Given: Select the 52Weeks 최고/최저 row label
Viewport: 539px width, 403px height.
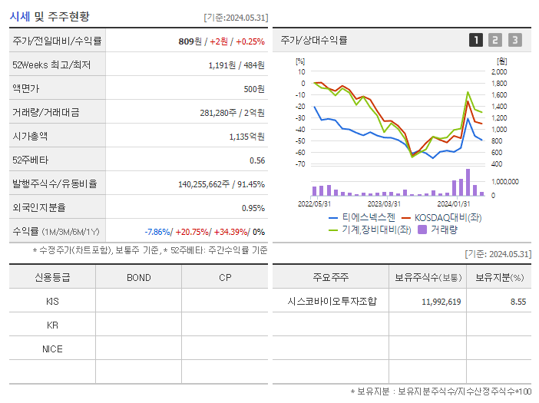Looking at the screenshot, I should [x=51, y=65].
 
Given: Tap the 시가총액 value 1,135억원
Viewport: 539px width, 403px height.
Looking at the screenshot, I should [x=246, y=137].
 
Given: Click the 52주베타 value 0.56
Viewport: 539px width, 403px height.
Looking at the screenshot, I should [x=257, y=160].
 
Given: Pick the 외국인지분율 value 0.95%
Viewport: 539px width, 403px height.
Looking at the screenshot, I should [x=253, y=208].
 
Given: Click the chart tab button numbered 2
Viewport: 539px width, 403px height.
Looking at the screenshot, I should [x=495, y=41].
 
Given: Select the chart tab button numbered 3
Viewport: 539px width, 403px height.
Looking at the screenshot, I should [x=514, y=41].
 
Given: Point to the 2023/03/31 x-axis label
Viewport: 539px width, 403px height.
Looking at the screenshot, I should [x=384, y=204].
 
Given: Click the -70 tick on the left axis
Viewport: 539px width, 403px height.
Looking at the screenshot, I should [x=300, y=164].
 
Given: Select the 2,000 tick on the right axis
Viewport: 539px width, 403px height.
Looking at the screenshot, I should [x=499, y=72].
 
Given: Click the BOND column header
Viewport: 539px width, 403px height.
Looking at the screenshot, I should [x=138, y=277].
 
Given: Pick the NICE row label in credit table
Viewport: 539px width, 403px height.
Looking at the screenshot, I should [x=52, y=348].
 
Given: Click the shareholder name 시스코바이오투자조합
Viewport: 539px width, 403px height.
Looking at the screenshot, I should [x=330, y=302].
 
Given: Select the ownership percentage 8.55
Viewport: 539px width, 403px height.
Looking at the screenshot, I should [x=518, y=302].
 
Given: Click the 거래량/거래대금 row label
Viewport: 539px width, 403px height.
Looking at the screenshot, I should [x=45, y=113].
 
